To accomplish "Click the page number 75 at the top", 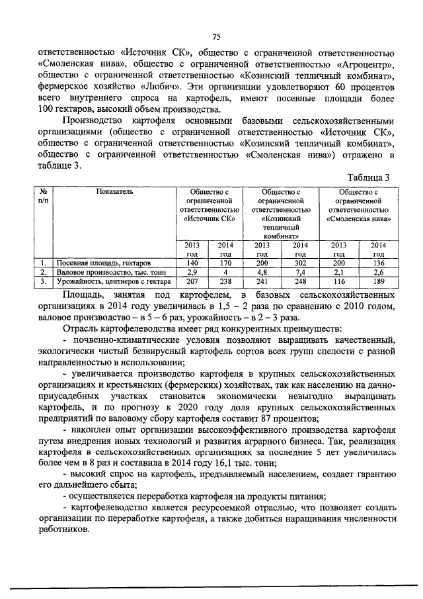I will tap(215, 36).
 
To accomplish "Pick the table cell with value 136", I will tap(378, 263).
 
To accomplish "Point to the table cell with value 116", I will tap(339, 281).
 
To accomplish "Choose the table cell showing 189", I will tap(378, 281).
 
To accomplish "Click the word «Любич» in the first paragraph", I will tap(158, 87).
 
